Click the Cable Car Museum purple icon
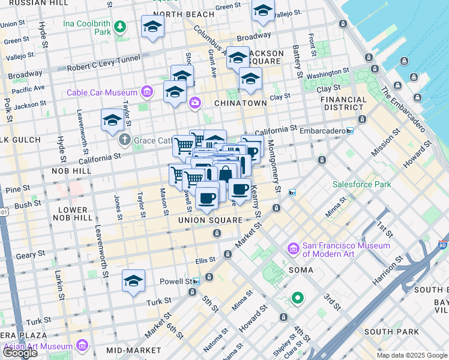[146, 92]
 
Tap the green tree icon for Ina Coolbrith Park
[120, 26]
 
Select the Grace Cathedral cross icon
[125, 140]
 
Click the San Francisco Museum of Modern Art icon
[294, 248]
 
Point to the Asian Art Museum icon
[82, 346]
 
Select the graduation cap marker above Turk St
[133, 281]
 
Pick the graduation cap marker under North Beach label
[152, 26]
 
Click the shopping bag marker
[225, 173]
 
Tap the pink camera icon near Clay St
[194, 103]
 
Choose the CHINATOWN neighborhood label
[246, 103]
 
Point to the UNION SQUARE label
[210, 220]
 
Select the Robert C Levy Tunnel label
[104, 62]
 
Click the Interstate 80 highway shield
[442, 245]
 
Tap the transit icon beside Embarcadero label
[350, 130]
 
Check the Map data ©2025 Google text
[412, 355]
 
